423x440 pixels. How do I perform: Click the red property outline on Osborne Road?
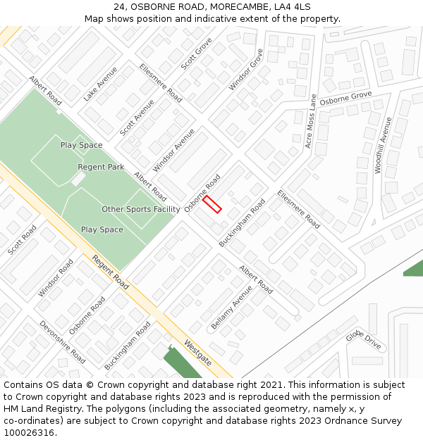(212, 204)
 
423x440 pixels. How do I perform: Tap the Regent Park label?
(101, 167)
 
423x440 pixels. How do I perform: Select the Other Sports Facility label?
(141, 209)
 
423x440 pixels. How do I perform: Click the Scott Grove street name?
(196, 54)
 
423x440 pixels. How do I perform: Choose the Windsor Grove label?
(245, 70)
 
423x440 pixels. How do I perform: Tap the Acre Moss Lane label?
(310, 121)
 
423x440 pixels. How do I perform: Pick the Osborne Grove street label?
(345, 99)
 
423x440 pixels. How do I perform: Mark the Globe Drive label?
(363, 340)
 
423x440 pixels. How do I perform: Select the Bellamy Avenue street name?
(231, 308)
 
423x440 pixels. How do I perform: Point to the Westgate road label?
(197, 352)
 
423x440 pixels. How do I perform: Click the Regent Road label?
(110, 272)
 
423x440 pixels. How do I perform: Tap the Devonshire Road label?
(62, 343)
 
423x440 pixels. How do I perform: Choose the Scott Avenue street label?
(137, 118)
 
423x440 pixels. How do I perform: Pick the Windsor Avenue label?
(173, 150)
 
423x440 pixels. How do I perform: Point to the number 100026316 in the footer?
(29, 433)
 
